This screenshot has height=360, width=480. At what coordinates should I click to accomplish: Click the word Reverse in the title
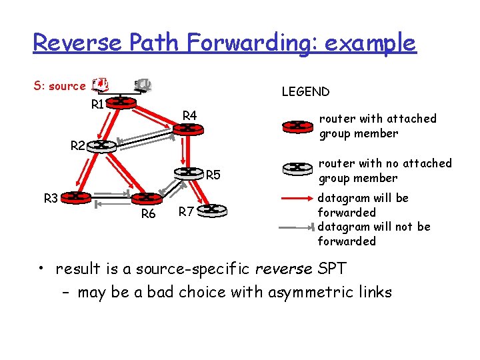tap(76, 43)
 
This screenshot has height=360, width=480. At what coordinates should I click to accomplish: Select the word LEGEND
tap(305, 92)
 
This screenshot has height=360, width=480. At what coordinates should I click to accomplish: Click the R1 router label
tap(99, 105)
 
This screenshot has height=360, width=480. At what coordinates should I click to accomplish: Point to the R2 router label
tap(79, 145)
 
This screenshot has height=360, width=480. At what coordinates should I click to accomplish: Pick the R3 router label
tap(51, 198)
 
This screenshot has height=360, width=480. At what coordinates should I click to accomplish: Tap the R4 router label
tap(190, 117)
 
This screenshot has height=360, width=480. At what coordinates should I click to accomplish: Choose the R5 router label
tap(213, 176)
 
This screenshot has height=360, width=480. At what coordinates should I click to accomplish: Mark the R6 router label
tap(148, 214)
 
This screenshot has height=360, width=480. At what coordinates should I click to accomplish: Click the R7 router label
tap(186, 213)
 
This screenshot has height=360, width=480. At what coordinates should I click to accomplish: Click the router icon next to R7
tap(215, 210)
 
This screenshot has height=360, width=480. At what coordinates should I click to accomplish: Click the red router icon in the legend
tap(297, 125)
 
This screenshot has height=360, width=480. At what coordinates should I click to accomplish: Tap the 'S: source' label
tap(59, 86)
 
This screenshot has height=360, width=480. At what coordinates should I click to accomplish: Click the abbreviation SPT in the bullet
tap(331, 269)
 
